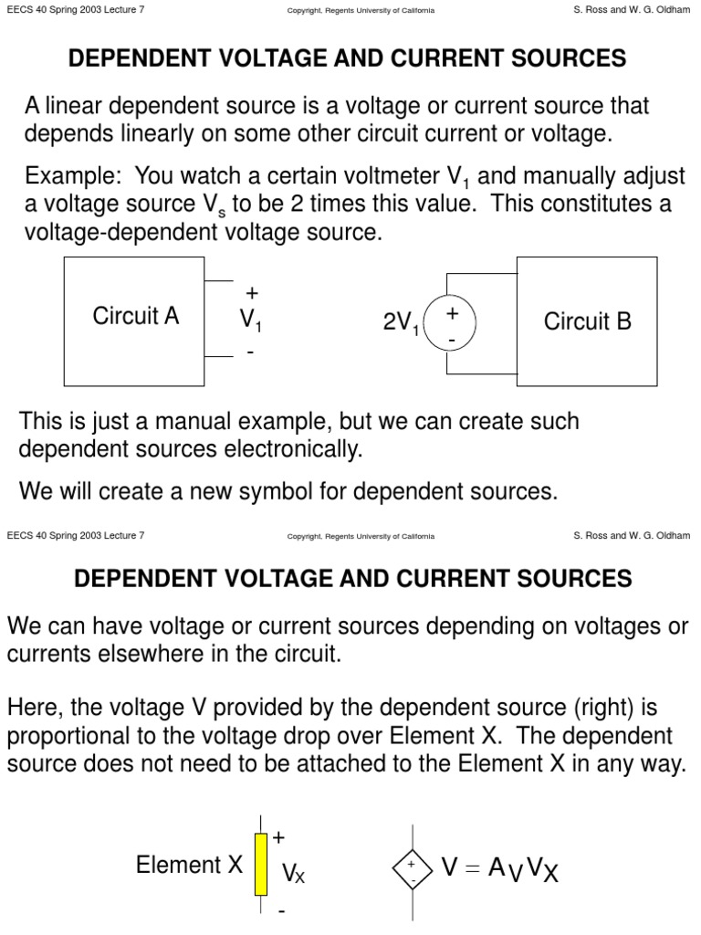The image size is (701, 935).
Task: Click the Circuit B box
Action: (587, 321)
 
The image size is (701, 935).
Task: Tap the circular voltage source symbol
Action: (449, 325)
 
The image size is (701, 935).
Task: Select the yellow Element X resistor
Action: (261, 863)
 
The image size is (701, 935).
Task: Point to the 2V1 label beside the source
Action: (401, 323)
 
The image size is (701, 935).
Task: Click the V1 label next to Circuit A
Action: (252, 320)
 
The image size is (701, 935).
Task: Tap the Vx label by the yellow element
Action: (293, 875)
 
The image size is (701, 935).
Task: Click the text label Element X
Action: (190, 865)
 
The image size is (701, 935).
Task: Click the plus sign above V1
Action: (252, 293)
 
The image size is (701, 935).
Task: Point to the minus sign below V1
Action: (250, 352)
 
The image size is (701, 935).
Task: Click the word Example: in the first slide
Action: (64, 174)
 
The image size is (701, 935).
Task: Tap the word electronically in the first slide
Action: (295, 449)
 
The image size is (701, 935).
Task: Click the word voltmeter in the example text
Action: (393, 174)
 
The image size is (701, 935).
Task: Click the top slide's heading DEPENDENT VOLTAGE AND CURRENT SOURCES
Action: (348, 59)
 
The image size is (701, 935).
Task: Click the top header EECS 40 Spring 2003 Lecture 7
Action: (75, 10)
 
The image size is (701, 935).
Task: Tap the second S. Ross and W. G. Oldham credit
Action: (632, 536)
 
